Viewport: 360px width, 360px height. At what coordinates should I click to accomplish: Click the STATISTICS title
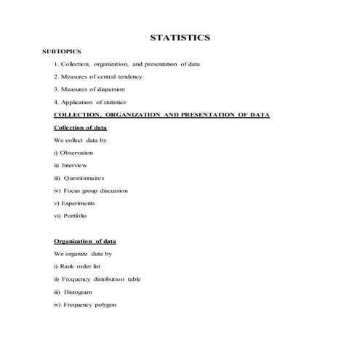pos(180,37)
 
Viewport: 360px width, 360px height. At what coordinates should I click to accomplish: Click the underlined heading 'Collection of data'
pos(81,127)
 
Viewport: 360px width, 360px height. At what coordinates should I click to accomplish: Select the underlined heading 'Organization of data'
pos(84,241)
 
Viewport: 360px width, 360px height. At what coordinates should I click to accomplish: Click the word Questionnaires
pos(84,177)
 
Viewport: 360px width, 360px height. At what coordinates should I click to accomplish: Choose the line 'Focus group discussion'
pos(91,191)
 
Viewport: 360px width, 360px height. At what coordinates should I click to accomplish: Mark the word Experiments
pos(78,203)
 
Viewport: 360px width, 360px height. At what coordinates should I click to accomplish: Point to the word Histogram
pos(78,292)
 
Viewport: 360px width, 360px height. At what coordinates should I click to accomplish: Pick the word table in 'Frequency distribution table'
pos(133,279)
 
